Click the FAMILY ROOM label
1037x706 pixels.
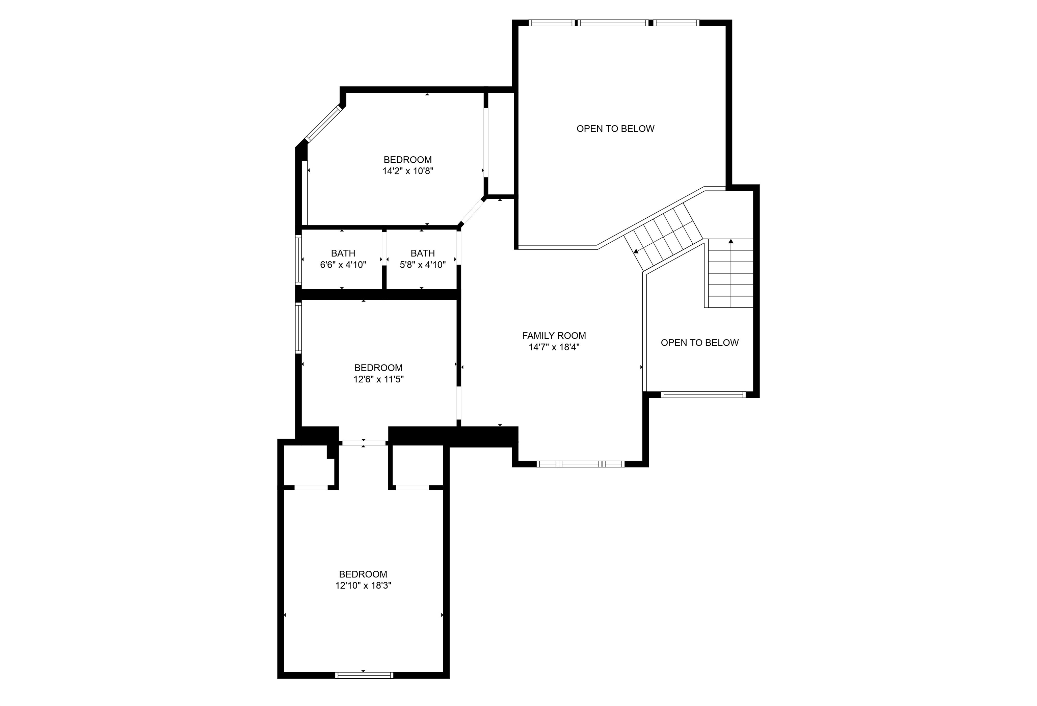click(x=554, y=335)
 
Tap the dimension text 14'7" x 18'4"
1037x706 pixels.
click(x=554, y=347)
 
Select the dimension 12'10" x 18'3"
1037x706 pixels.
click(x=363, y=586)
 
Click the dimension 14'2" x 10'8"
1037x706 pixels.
click(x=408, y=171)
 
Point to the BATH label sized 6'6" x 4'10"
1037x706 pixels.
click(x=343, y=253)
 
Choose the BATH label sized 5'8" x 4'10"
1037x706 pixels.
click(x=423, y=253)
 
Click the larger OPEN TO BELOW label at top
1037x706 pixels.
click(x=615, y=129)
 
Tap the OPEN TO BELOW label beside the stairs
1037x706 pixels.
click(x=699, y=343)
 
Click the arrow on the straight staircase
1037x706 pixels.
click(x=731, y=242)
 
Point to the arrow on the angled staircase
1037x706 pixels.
click(x=636, y=251)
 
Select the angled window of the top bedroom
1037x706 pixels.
click(x=323, y=124)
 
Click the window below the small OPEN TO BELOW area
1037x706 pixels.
click(x=703, y=394)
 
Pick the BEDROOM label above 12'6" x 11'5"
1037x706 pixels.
click(x=378, y=368)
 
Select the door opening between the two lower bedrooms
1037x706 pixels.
click(x=364, y=443)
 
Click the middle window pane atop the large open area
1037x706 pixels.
click(x=614, y=23)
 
